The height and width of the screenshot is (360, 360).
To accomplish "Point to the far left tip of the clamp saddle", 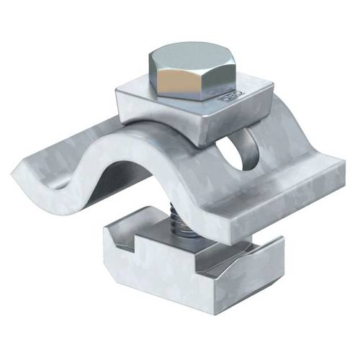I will (16, 170).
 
